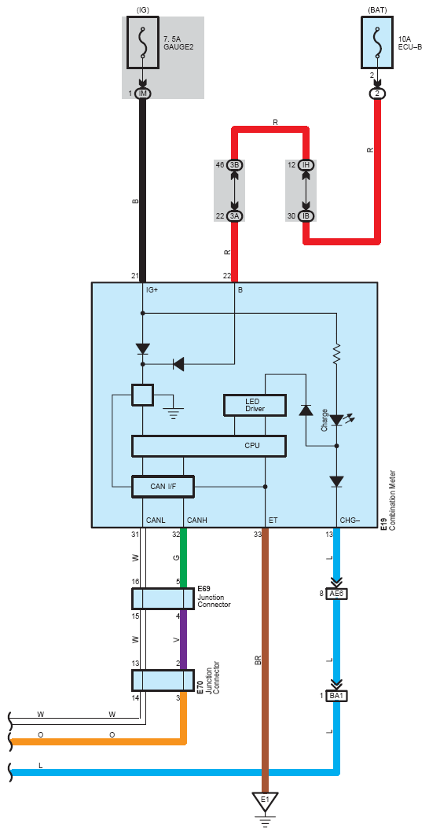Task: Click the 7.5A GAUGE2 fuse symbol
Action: pyautogui.click(x=143, y=42)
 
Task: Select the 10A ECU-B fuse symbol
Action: pyautogui.click(x=377, y=42)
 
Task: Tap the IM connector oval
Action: pyautogui.click(x=143, y=94)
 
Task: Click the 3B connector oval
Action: pyautogui.click(x=235, y=164)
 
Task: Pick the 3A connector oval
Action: pyautogui.click(x=235, y=216)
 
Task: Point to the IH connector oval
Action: pyautogui.click(x=306, y=164)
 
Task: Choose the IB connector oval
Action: pyautogui.click(x=306, y=216)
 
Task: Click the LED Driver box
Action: pyautogui.click(x=255, y=405)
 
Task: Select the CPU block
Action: pyautogui.click(x=209, y=446)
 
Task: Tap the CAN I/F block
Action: pyautogui.click(x=163, y=486)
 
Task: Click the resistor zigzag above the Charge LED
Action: pyautogui.click(x=336, y=354)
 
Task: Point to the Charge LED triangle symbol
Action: pyautogui.click(x=336, y=421)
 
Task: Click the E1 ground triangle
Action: pyautogui.click(x=265, y=800)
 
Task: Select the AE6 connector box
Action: pyautogui.click(x=336, y=594)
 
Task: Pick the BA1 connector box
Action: pyautogui.click(x=336, y=696)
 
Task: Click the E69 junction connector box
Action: pyautogui.click(x=163, y=598)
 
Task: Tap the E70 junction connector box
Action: pyautogui.click(x=163, y=680)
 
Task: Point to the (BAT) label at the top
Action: pyautogui.click(x=377, y=9)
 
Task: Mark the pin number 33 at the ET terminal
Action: pyautogui.click(x=258, y=534)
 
